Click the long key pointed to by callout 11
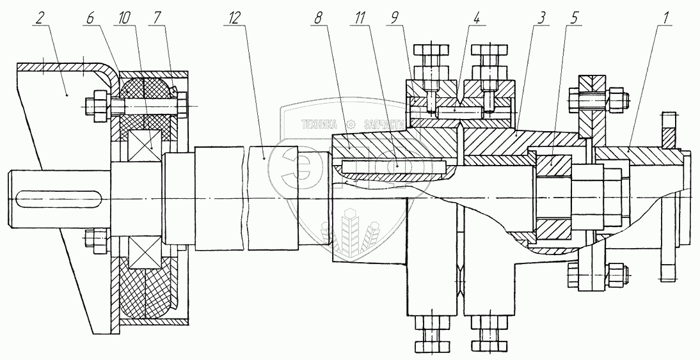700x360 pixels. coord(393,166)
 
